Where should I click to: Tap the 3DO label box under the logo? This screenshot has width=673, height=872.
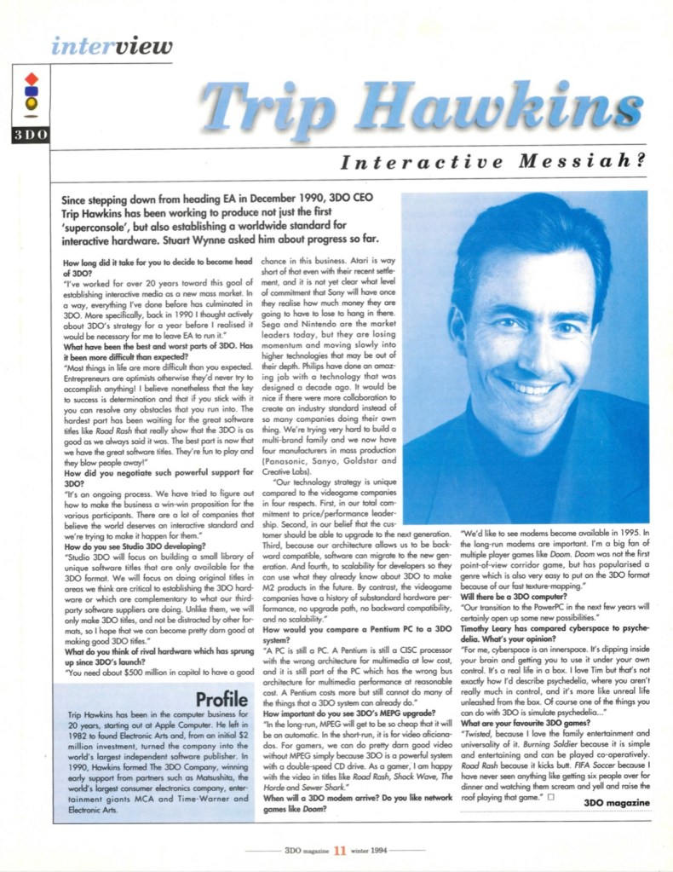click(30, 135)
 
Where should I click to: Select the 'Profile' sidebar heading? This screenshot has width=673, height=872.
click(221, 698)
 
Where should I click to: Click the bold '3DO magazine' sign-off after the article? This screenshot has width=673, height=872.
click(618, 802)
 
